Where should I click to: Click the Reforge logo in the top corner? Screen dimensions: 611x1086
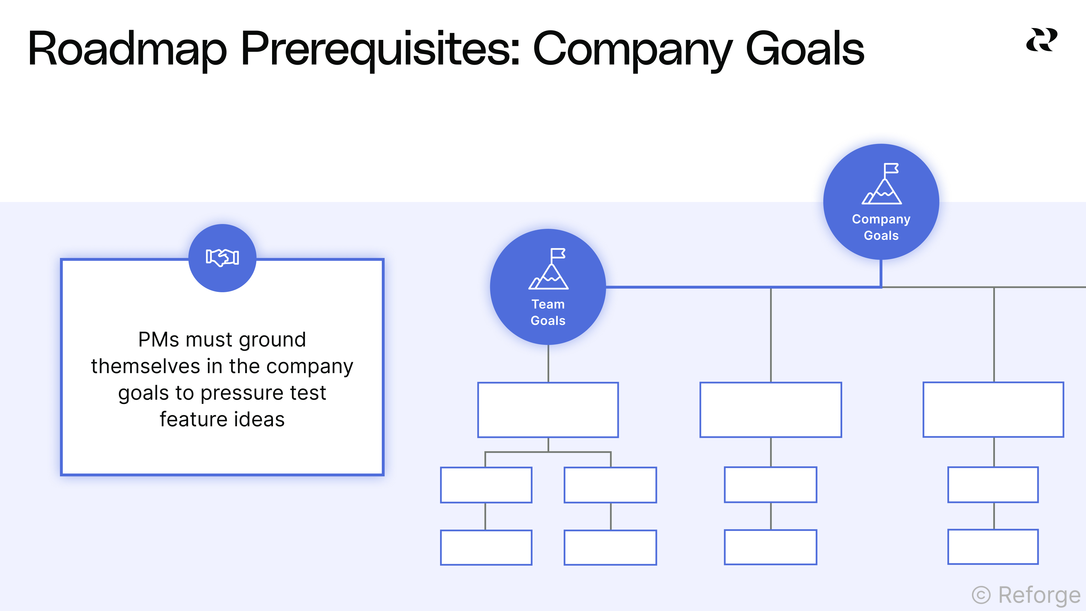click(x=1041, y=40)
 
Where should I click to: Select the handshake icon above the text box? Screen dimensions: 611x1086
click(x=222, y=257)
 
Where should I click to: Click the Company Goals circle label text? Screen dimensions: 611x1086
click(x=881, y=227)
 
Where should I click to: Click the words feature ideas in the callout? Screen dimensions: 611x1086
click(x=222, y=419)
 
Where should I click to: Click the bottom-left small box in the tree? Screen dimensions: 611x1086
click(x=486, y=547)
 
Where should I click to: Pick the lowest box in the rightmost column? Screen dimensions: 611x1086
click(x=993, y=547)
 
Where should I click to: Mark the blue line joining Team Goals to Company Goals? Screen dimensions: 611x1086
click(x=742, y=287)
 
